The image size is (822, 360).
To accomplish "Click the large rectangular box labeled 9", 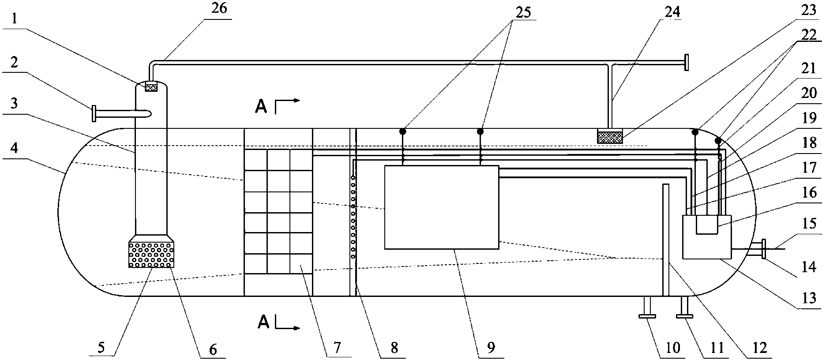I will click(441, 207).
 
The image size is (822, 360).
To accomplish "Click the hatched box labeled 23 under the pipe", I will click(609, 136).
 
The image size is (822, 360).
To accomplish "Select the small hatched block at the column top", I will click(151, 87).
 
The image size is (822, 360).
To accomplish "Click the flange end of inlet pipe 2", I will click(94, 114).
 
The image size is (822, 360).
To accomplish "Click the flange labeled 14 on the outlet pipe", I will click(763, 249).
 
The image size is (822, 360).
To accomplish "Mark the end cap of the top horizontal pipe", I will click(686, 62).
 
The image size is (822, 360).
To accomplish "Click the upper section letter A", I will click(261, 106).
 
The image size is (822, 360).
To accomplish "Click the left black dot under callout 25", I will click(403, 131).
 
